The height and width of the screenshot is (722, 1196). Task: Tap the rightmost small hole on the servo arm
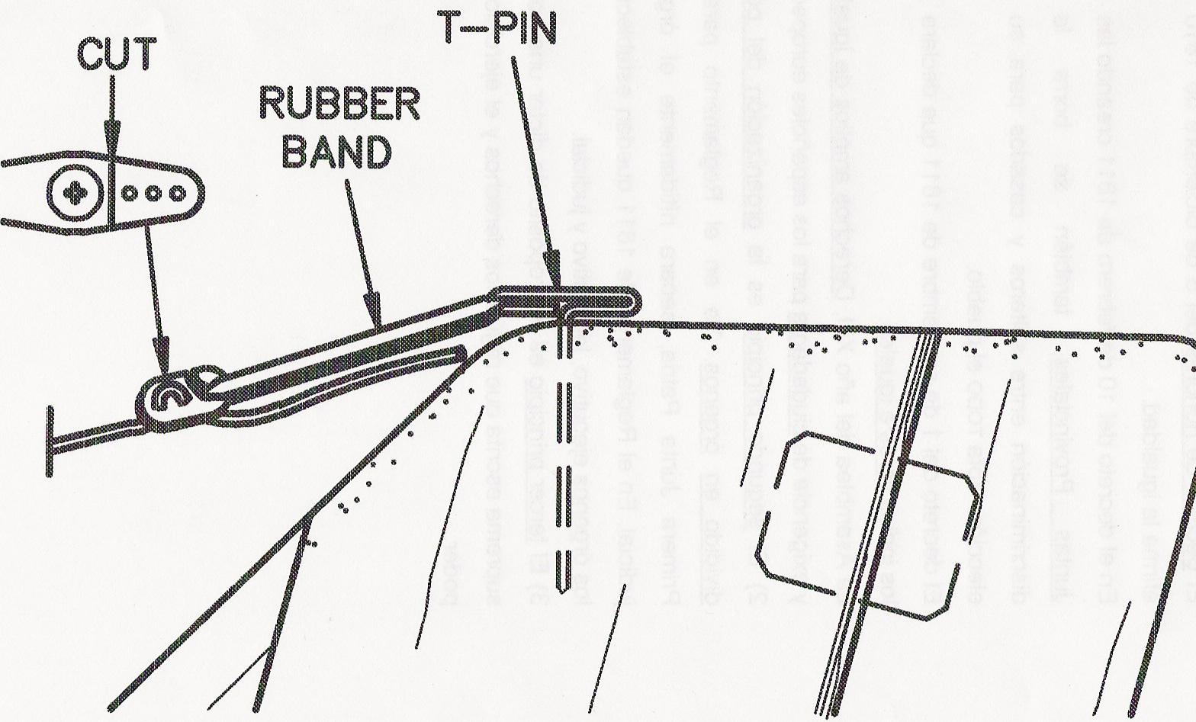click(x=177, y=194)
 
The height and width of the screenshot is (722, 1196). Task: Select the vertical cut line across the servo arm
click(x=111, y=194)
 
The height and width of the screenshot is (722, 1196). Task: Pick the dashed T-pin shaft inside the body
click(x=565, y=427)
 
